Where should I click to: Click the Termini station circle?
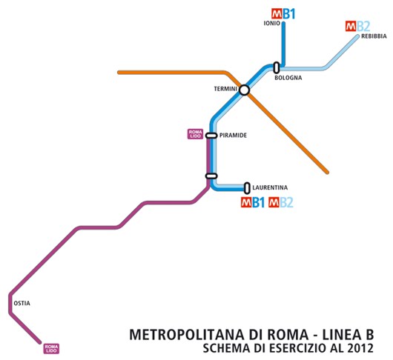tap(244, 90)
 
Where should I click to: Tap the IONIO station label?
tap(271, 24)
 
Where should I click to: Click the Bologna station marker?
tap(276, 67)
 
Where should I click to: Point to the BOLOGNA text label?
tap(288, 78)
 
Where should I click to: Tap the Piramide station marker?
tap(211, 136)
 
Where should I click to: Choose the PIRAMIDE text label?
tap(233, 136)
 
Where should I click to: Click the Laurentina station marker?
tap(247, 188)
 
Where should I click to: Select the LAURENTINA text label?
tap(270, 187)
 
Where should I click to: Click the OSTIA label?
tap(22, 303)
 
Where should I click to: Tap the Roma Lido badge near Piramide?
tap(194, 134)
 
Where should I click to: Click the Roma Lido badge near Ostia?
tap(51, 347)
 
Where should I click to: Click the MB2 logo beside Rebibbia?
tap(357, 26)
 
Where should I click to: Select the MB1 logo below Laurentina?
tap(252, 202)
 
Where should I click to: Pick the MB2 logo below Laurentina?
tap(282, 202)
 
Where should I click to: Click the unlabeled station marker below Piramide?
tap(211, 176)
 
